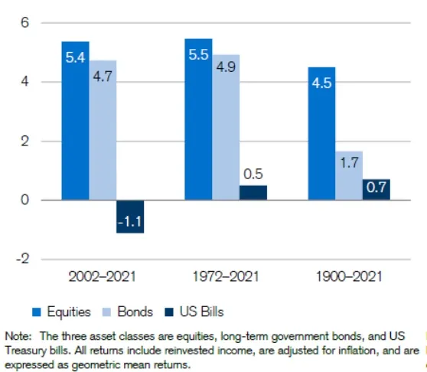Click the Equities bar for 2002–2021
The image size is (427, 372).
[76, 121]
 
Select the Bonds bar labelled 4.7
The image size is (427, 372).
[103, 130]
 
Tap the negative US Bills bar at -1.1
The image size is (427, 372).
[130, 217]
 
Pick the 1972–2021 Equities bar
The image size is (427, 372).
[198, 119]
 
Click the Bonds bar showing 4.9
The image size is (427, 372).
[226, 128]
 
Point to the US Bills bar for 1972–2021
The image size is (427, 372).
[253, 193]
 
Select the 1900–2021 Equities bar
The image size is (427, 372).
[321, 133]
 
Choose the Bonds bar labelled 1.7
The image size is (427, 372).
[349, 175]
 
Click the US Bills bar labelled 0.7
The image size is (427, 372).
[376, 190]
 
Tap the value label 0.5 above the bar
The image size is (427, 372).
[253, 174]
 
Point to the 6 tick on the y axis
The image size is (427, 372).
[24, 22]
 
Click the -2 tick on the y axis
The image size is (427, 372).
[22, 259]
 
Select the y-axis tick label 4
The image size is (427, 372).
[24, 81]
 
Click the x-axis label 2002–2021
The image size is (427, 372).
[102, 276]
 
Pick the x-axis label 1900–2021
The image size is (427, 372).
[349, 276]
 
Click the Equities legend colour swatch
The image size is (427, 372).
[37, 312]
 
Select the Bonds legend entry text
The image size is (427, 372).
[135, 312]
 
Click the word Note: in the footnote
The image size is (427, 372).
[18, 336]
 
